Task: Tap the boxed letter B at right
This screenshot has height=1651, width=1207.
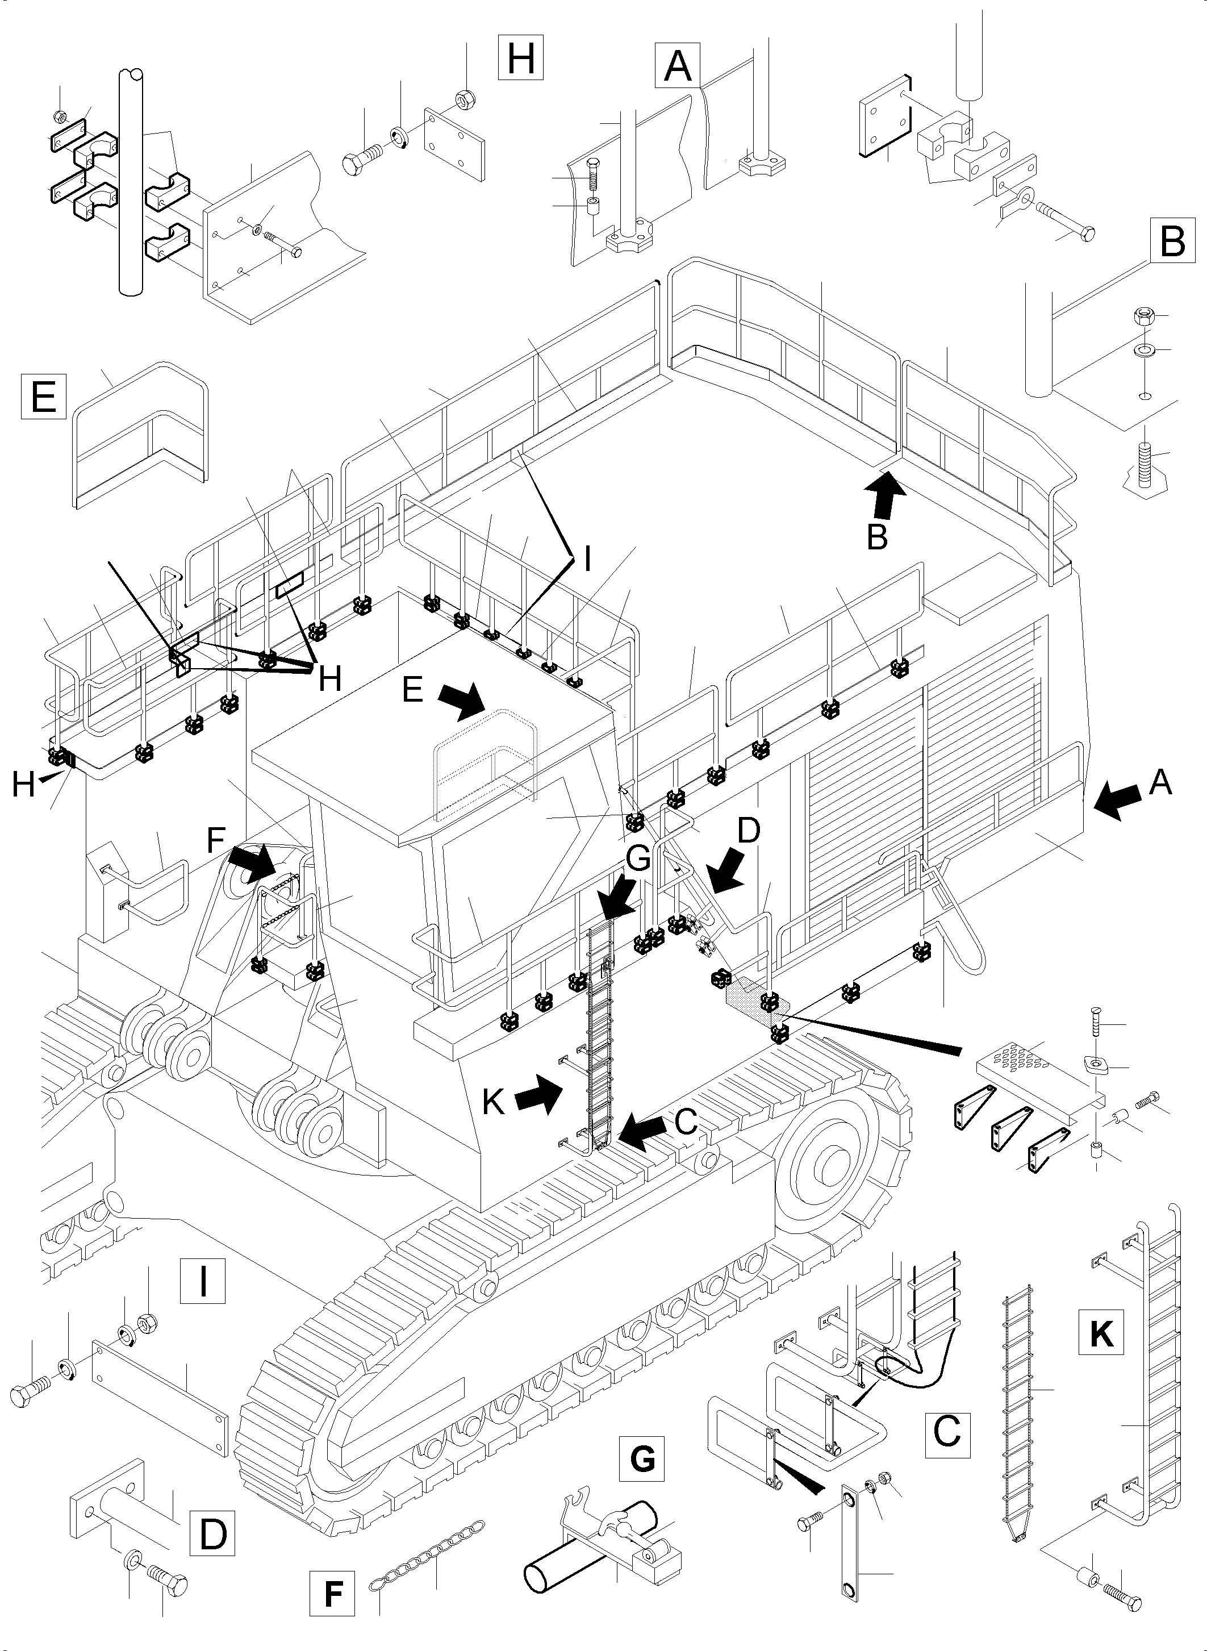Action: [x=1172, y=240]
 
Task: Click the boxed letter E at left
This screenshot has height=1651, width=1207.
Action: [x=44, y=395]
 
